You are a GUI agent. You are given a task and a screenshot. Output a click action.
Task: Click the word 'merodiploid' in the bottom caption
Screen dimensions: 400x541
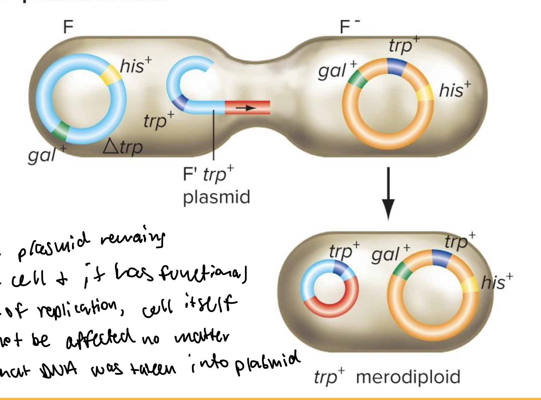pyautogui.click(x=408, y=377)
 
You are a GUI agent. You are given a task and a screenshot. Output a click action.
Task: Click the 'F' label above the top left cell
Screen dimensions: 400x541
pyautogui.click(x=68, y=27)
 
